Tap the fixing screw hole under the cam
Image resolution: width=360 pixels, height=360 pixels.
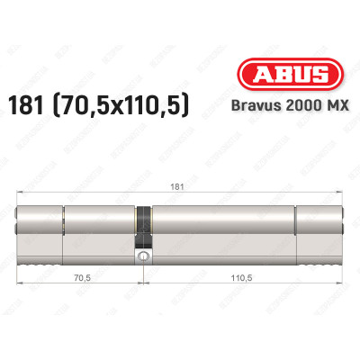141,258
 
